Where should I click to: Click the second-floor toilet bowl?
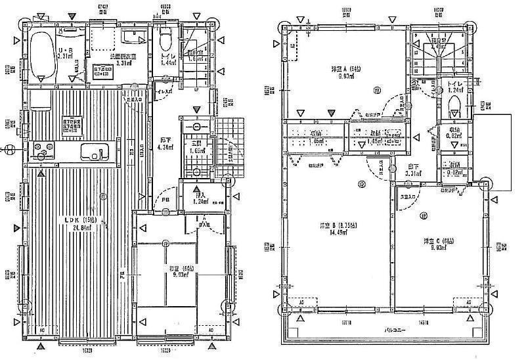(x=453, y=105)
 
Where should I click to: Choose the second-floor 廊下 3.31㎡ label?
(x=412, y=171)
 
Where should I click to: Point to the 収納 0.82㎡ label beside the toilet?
(x=452, y=133)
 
